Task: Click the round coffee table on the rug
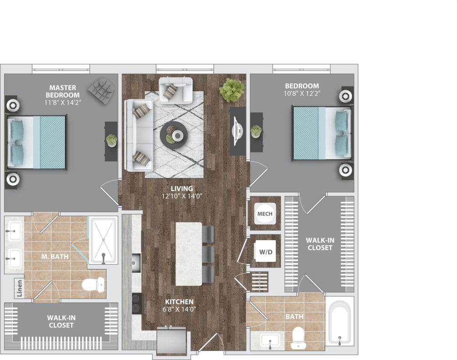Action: pyautogui.click(x=174, y=135)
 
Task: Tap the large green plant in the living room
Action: pyautogui.click(x=232, y=90)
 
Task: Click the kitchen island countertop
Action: pyautogui.click(x=189, y=253)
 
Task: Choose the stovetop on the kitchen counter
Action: pyautogui.click(x=136, y=303)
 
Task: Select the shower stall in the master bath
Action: pyautogui.click(x=103, y=240)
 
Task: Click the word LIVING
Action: pyautogui.click(x=175, y=189)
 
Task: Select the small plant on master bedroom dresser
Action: pyautogui.click(x=111, y=140)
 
